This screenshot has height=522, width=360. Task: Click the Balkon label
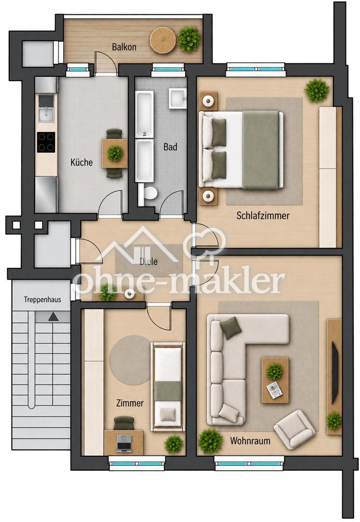click(124, 47)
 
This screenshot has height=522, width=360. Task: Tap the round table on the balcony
click(163, 40)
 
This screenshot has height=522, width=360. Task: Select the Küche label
click(82, 162)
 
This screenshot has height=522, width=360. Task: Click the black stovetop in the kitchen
click(46, 142)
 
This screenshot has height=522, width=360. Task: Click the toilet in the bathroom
click(148, 193)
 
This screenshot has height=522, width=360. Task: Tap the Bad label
click(170, 147)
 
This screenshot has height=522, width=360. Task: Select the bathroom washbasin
click(178, 98)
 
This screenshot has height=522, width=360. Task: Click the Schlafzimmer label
click(263, 216)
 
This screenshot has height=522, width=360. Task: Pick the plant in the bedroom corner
click(317, 90)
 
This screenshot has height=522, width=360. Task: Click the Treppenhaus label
click(42, 300)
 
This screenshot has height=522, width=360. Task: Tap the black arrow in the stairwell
click(53, 317)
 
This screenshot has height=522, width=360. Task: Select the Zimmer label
click(130, 403)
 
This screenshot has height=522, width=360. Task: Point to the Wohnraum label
click(250, 441)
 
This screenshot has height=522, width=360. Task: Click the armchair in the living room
click(294, 430)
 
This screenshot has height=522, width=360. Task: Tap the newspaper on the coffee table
click(274, 390)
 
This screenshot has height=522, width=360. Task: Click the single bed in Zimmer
click(168, 387)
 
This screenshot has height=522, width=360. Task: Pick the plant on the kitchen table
click(115, 153)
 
